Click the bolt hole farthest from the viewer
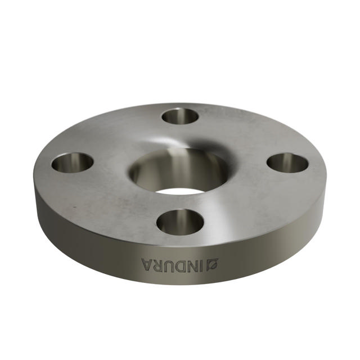(180, 116)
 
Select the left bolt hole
(73, 163)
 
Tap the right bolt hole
(287, 163)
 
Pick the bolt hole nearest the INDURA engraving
(180, 222)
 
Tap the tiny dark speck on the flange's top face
(71, 208)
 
